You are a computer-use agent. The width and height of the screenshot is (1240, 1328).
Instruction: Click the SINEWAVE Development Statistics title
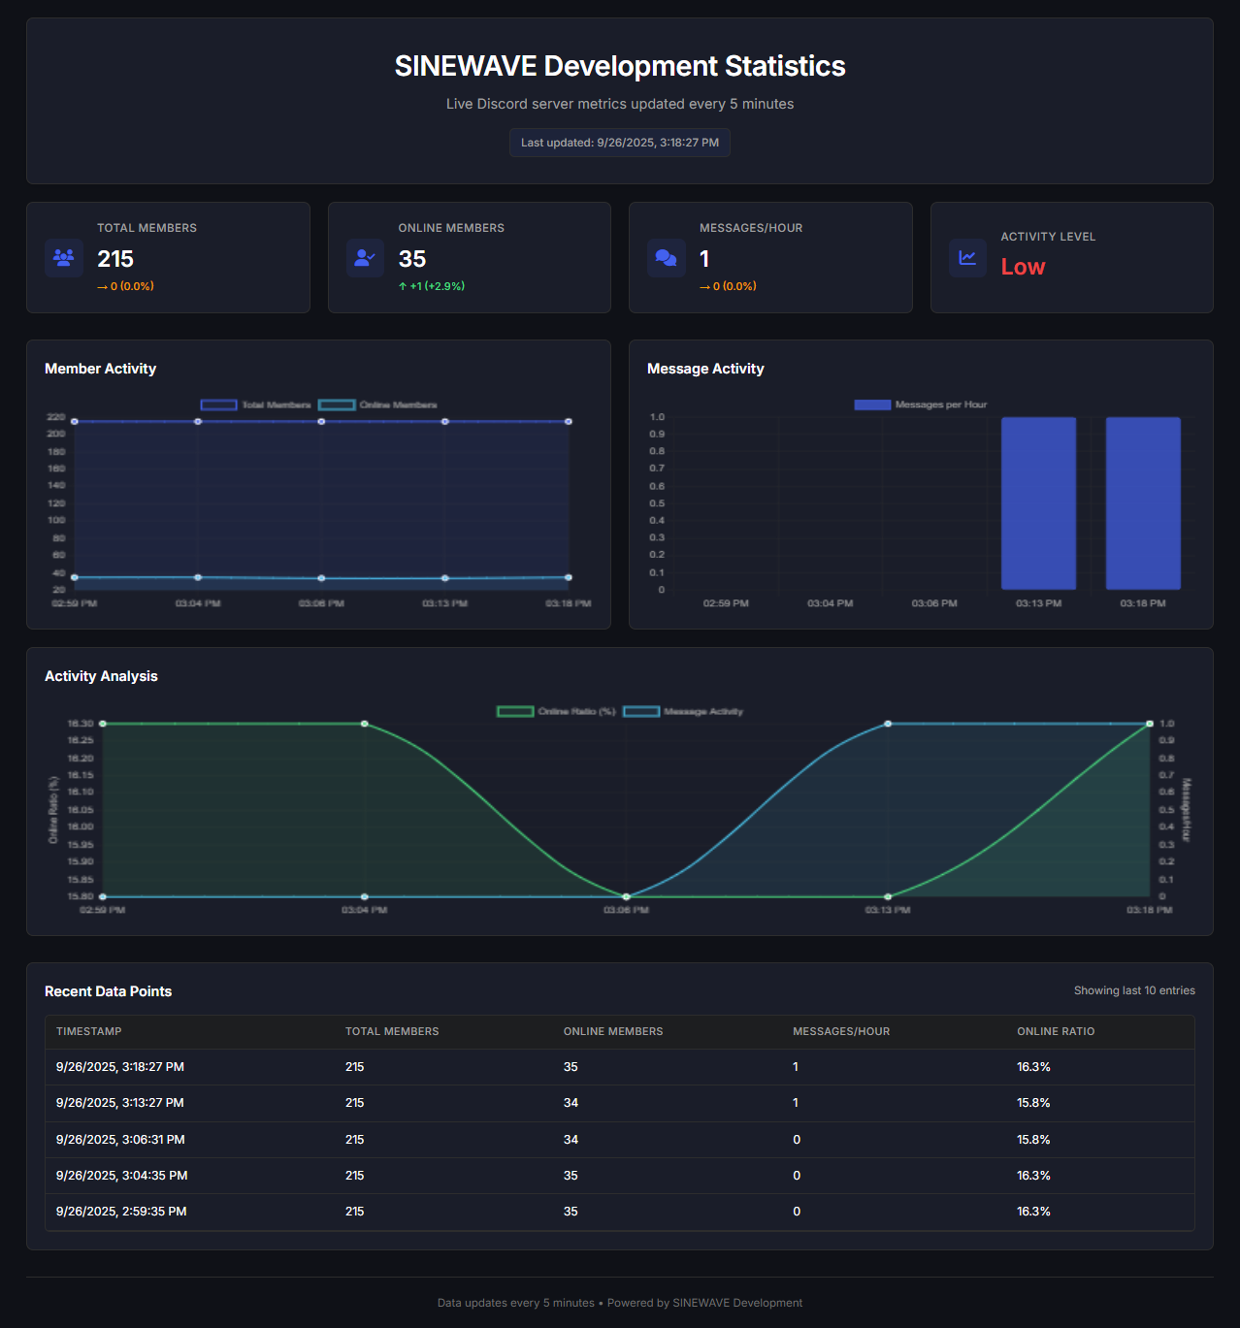[620, 66]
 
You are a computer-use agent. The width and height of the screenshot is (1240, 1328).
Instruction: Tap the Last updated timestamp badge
[620, 143]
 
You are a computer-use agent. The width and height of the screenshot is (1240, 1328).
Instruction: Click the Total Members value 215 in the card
[115, 259]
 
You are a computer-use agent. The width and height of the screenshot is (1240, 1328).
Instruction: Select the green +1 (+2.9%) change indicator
[432, 286]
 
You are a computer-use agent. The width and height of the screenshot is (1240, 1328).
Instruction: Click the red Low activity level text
[1023, 267]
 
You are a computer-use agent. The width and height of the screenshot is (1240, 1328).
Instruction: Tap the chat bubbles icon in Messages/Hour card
[667, 258]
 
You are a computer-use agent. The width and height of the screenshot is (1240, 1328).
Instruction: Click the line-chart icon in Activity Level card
[967, 258]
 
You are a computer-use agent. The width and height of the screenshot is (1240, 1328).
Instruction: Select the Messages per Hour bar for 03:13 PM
[1038, 502]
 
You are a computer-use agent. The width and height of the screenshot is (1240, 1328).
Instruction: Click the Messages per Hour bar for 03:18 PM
[1143, 502]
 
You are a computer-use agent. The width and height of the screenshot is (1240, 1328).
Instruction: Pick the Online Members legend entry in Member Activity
[378, 405]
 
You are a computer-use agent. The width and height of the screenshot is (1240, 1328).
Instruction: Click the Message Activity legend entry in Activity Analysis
[683, 712]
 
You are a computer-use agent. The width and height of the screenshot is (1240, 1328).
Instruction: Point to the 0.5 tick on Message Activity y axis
[657, 503]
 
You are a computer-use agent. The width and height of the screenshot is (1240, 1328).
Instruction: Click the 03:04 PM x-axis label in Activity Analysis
[364, 910]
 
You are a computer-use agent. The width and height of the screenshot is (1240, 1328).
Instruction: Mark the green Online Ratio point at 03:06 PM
[626, 896]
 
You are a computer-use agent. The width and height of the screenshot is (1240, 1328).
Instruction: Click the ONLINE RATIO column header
[1056, 1031]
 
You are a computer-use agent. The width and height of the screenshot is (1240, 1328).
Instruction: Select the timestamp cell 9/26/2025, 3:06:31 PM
[120, 1140]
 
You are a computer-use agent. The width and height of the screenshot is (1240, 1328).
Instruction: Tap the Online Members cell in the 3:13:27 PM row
[571, 1103]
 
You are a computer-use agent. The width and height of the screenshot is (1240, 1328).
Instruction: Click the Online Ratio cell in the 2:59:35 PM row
[1033, 1212]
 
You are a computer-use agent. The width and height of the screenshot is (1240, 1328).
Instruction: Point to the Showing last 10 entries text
[1134, 990]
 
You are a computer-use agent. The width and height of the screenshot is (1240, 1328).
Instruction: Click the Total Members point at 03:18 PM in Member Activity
[569, 422]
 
